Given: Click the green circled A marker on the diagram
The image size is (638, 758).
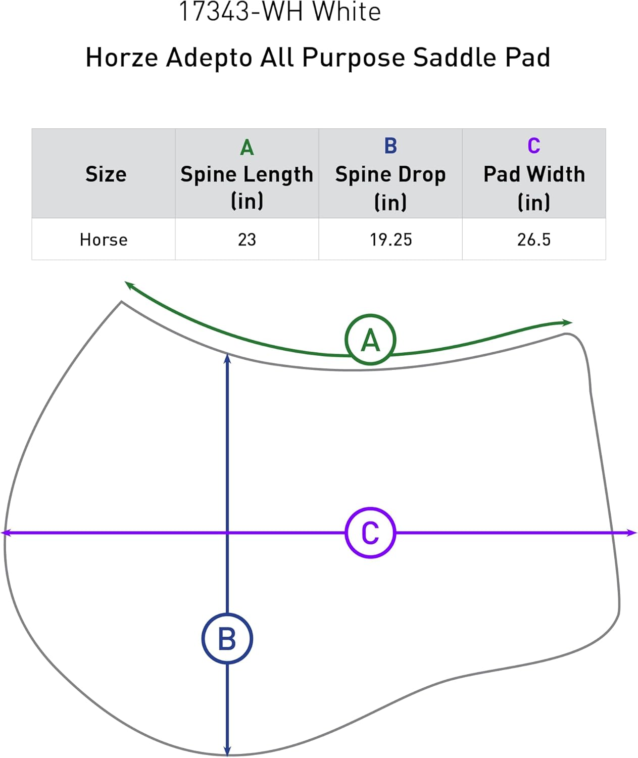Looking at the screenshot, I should [x=370, y=340].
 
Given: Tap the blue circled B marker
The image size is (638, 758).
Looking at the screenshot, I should [x=227, y=639].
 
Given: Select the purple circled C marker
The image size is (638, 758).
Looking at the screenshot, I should [x=370, y=533].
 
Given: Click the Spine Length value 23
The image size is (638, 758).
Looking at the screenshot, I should [x=247, y=240].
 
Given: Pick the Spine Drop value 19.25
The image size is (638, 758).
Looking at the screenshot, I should [x=390, y=240].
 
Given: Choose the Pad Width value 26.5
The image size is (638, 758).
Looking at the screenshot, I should [x=533, y=240].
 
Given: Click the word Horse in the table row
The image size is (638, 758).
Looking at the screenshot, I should [x=104, y=240].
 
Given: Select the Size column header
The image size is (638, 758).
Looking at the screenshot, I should [x=106, y=174].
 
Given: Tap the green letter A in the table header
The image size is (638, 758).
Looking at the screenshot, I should [x=247, y=148].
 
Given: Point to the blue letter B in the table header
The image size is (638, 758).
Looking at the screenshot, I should [x=390, y=146].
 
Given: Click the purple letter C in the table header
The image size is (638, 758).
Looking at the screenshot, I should [x=533, y=146].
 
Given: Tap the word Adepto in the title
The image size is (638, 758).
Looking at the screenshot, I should [x=209, y=57].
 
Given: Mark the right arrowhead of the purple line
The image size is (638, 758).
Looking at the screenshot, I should [x=632, y=533].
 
